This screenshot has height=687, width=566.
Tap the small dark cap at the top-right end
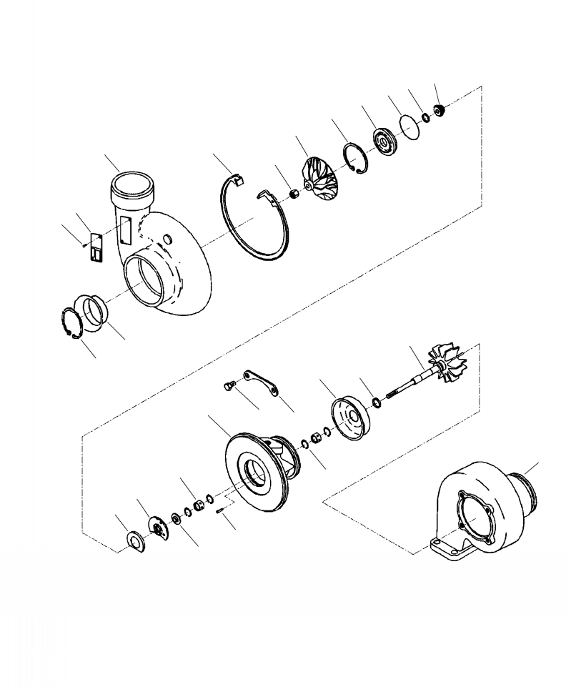(x=440, y=110)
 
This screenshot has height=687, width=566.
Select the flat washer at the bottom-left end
(x=134, y=540)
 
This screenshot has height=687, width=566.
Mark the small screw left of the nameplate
(x=85, y=244)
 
